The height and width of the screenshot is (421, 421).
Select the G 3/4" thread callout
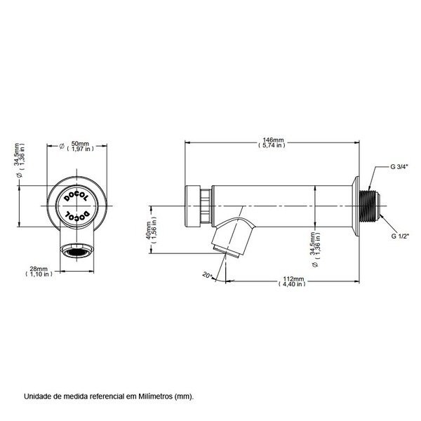[401, 168]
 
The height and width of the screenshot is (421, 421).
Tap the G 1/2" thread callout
[401, 236]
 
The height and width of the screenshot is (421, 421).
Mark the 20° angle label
[208, 275]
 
